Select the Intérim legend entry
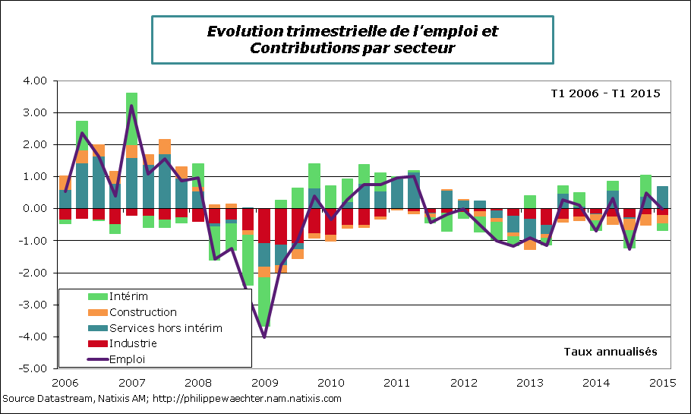click(128, 296)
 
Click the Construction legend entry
click(143, 312)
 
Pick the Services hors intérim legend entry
click(166, 328)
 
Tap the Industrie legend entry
click(134, 344)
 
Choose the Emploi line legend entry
click(128, 359)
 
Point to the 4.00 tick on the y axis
click(35, 81)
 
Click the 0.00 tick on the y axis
click(35, 208)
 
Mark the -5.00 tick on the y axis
click(33, 368)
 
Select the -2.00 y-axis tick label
click(33, 273)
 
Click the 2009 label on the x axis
click(264, 383)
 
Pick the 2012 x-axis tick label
click(462, 383)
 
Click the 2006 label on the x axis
click(66, 383)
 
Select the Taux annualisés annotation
click(611, 352)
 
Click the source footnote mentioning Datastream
click(172, 398)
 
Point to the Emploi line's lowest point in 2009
click(264, 337)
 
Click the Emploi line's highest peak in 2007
click(132, 105)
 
